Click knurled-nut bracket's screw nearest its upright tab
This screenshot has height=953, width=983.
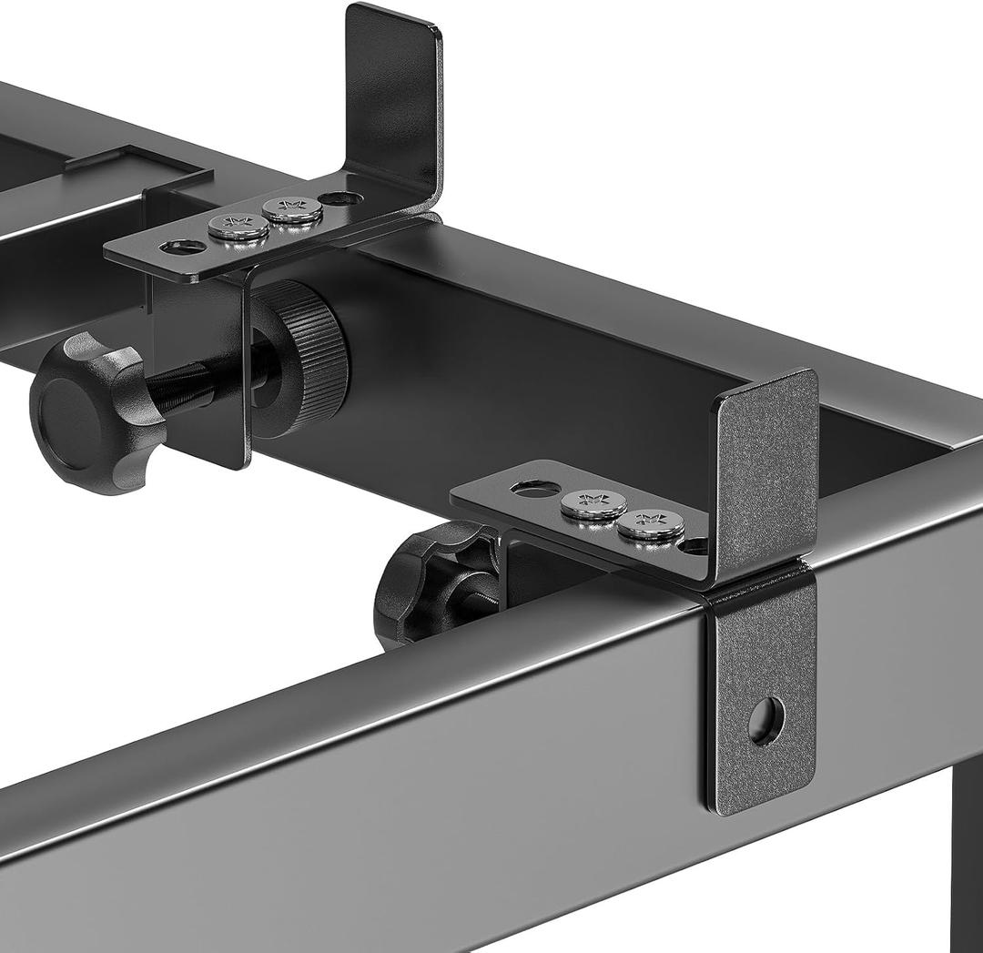292,210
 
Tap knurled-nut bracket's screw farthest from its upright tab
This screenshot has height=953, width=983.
238,227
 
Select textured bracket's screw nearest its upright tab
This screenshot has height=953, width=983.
650,525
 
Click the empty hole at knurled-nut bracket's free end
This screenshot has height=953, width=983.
182,246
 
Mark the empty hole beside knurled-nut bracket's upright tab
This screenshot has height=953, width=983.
340,198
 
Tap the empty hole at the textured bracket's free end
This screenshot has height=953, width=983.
535,489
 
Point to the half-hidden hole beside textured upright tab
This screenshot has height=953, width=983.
694,545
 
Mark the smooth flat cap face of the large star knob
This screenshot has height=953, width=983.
68,421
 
